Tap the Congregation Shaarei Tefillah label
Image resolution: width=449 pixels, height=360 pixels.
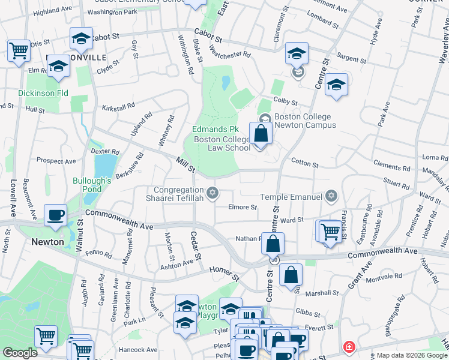175,194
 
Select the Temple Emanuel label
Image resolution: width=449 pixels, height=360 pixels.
292,197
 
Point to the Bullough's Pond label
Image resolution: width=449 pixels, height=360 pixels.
92,184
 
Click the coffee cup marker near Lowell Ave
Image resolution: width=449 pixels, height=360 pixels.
55,215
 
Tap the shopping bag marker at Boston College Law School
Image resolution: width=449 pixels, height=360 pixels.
261,133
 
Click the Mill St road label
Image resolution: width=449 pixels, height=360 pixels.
185,165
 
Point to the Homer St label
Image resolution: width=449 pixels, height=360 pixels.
224,274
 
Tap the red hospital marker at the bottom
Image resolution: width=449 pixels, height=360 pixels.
348,347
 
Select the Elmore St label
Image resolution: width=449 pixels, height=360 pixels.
243,208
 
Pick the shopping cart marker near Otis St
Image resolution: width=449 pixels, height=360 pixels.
19,51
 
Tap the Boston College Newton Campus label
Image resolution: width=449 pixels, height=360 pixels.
305,121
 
